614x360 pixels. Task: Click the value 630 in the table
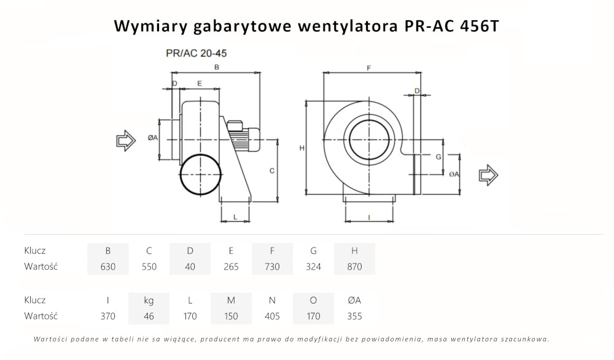[x=108, y=267]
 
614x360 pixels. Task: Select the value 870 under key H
[x=354, y=267]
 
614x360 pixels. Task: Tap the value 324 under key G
[x=313, y=267]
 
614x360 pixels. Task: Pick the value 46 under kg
[x=149, y=316]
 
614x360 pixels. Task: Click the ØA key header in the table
[x=354, y=300]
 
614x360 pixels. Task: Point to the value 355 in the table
[x=354, y=316]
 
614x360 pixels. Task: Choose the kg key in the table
[x=149, y=300]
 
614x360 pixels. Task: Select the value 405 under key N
[x=272, y=316]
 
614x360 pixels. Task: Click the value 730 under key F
[x=272, y=267]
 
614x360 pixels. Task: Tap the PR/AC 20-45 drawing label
[x=192, y=53]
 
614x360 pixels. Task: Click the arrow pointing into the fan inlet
[x=126, y=141]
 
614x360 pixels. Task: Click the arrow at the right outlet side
[x=489, y=174]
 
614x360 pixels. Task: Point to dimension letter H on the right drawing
[x=301, y=148]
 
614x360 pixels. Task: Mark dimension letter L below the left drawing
[x=235, y=217]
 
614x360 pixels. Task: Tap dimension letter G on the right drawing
[x=438, y=157]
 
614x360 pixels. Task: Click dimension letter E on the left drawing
[x=200, y=83]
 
